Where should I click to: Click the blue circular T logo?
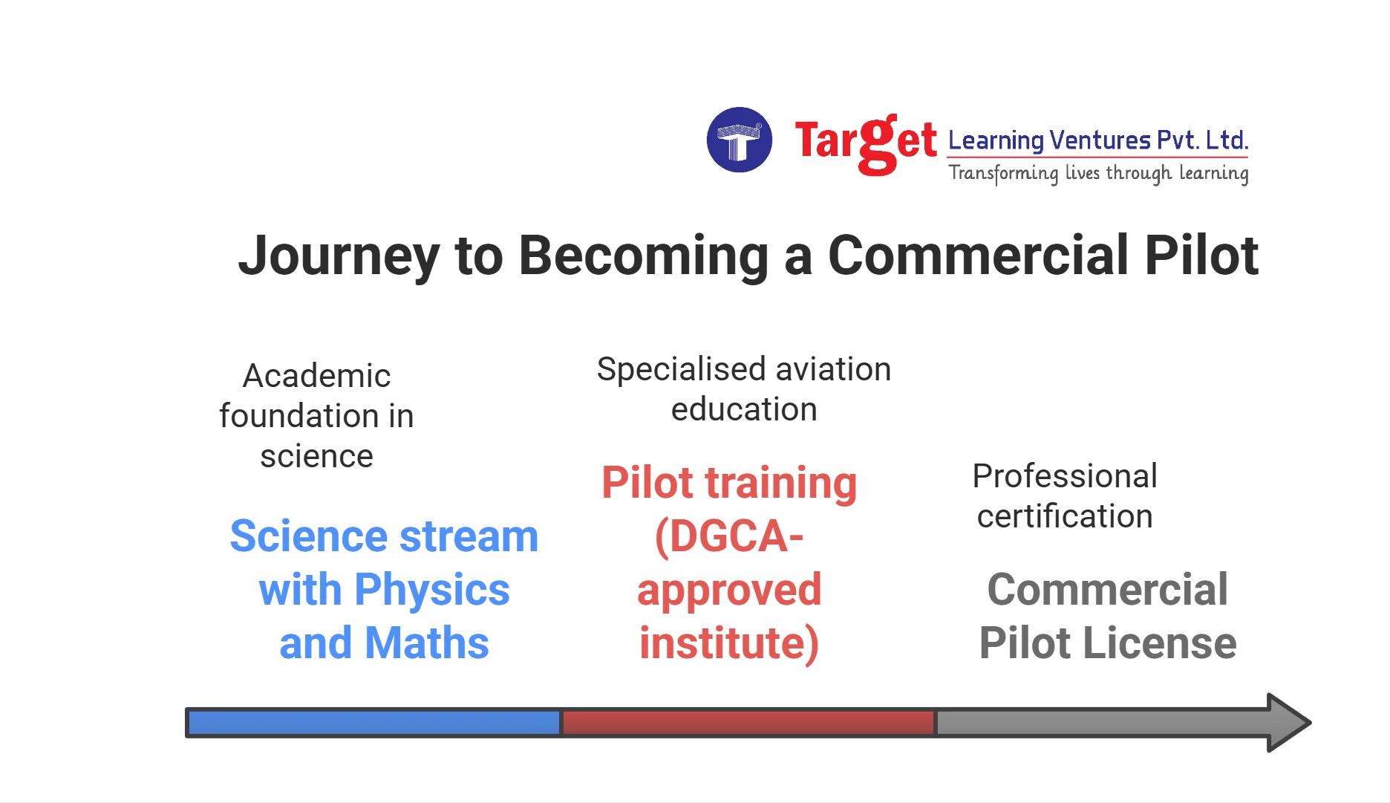click(x=739, y=140)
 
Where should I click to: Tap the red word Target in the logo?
click(x=865, y=143)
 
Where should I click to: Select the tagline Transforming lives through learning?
click(x=1098, y=173)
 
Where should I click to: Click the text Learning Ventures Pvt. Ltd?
click(x=1098, y=140)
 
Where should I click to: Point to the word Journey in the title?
click(x=339, y=256)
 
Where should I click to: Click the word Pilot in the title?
click(x=1201, y=256)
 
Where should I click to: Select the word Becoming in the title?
click(x=643, y=256)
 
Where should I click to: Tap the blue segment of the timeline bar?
click(x=373, y=723)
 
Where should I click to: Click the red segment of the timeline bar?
click(x=748, y=723)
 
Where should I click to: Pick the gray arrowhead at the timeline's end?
click(x=1288, y=723)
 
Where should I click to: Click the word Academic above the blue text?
click(x=316, y=376)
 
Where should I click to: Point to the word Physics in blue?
click(x=432, y=590)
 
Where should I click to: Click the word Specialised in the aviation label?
click(x=681, y=369)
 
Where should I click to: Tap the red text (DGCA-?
click(x=729, y=536)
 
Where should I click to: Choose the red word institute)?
click(x=729, y=643)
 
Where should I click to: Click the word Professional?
click(x=1064, y=476)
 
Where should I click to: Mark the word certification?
click(x=1064, y=516)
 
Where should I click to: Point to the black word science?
click(x=316, y=456)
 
